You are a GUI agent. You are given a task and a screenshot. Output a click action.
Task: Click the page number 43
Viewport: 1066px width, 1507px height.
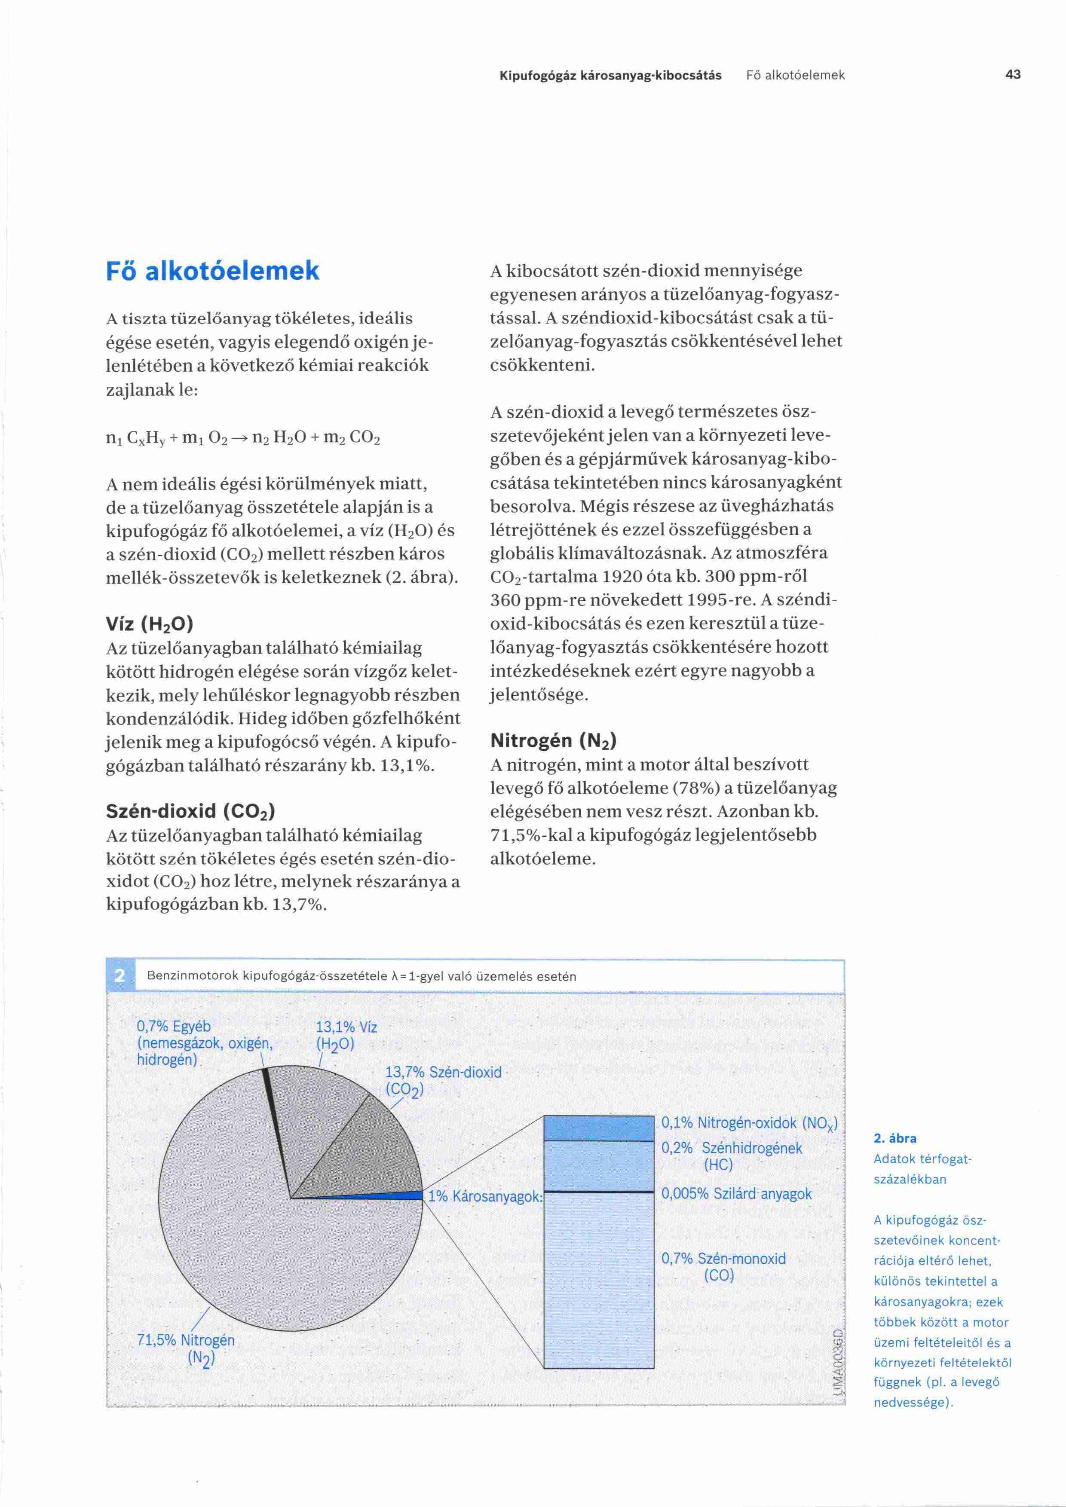coord(1012,75)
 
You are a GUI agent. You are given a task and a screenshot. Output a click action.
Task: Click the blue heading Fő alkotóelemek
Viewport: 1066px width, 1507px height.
coord(213,270)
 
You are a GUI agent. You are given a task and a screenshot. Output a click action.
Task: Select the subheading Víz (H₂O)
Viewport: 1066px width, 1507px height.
coord(150,623)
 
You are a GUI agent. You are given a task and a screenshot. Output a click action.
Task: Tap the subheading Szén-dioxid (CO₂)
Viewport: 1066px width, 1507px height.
coord(190,811)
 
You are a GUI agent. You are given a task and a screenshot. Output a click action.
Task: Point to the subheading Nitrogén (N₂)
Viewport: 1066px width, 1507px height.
coord(553,741)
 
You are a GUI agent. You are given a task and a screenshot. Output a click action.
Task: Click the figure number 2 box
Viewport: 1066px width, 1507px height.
coord(120,976)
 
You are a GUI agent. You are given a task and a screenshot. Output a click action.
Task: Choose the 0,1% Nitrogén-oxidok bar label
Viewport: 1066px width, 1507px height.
coord(749,1123)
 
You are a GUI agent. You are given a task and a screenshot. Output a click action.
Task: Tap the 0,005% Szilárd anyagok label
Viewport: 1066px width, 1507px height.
coord(736,1193)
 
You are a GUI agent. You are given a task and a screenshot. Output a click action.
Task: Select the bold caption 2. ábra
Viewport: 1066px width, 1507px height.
coord(894,1139)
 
